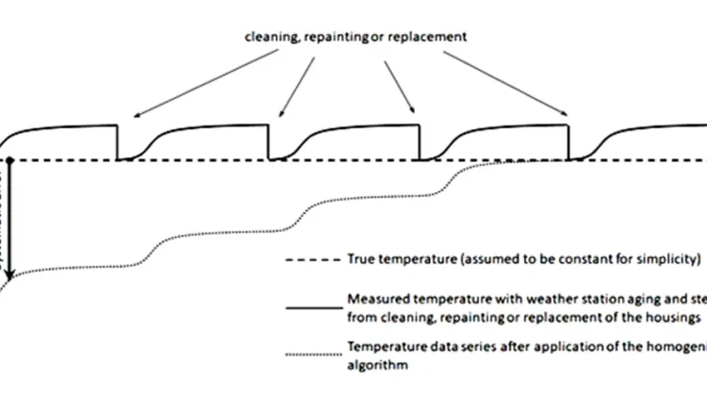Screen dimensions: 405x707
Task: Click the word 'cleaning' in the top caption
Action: [269, 38]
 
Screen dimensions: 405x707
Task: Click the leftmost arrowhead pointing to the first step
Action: [133, 117]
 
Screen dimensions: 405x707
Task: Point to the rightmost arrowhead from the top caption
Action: [567, 118]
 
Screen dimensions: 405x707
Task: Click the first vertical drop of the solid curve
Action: [117, 142]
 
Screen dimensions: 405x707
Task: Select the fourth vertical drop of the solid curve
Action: [569, 142]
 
